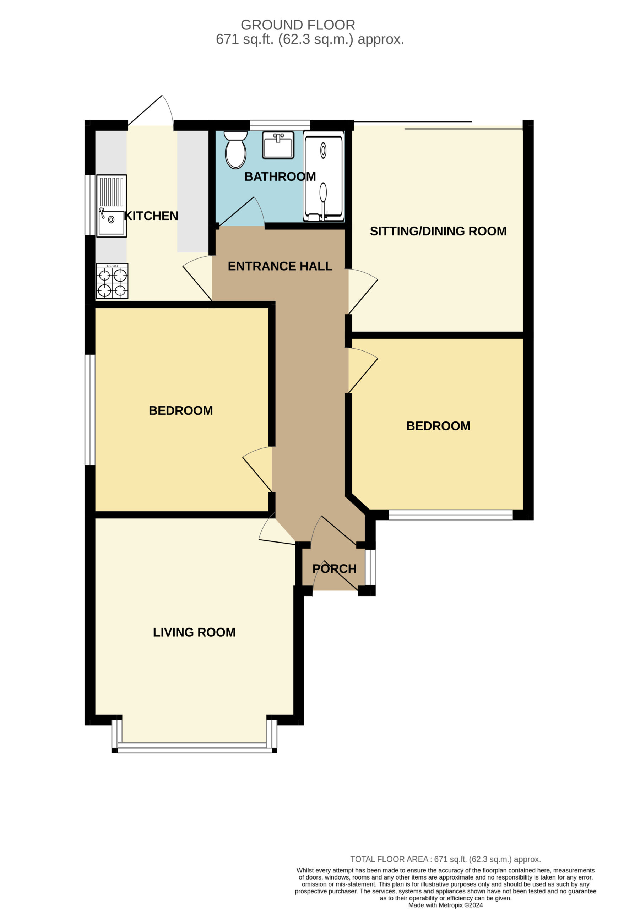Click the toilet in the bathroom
pos(235,149)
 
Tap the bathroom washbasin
pos(278,145)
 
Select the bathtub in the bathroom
pos(324,176)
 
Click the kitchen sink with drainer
pos(112,206)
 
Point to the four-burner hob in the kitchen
pos(112,281)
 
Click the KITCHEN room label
pos(151,216)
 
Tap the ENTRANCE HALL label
pos(280,266)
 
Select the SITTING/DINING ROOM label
pos(438,231)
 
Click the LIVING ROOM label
pos(194,632)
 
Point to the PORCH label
pos(335,569)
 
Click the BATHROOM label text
pos(280,176)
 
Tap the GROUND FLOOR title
pos(298,25)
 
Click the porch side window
pos(370,567)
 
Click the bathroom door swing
pos(242,212)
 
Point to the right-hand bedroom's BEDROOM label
pos(438,426)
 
